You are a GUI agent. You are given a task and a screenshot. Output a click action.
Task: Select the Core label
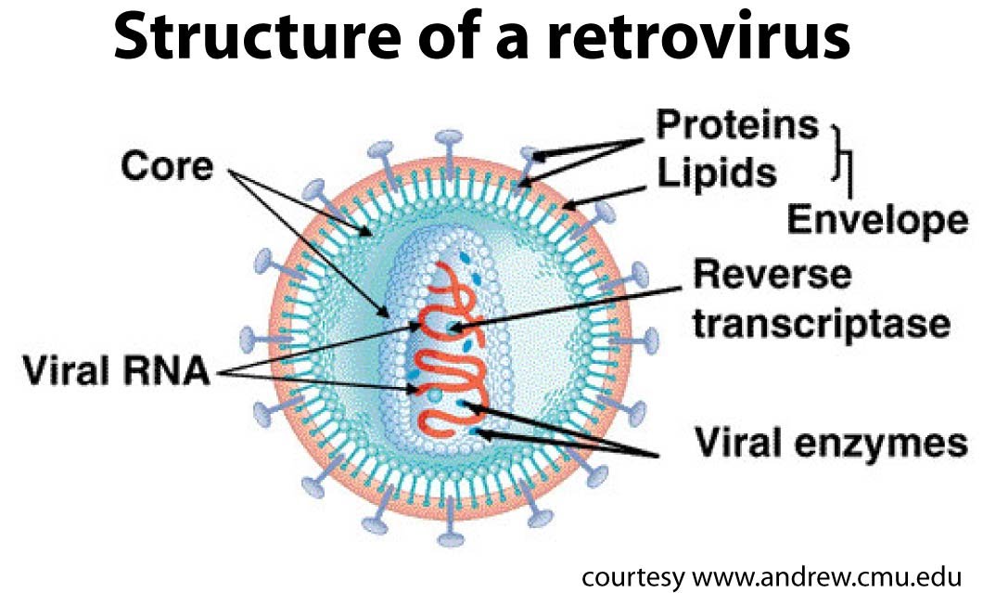[166, 167]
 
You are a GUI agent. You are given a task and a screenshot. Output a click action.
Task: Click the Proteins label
[737, 123]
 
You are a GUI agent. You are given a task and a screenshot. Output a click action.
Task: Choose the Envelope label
[876, 220]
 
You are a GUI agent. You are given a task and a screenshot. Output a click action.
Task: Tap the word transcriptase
[822, 324]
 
